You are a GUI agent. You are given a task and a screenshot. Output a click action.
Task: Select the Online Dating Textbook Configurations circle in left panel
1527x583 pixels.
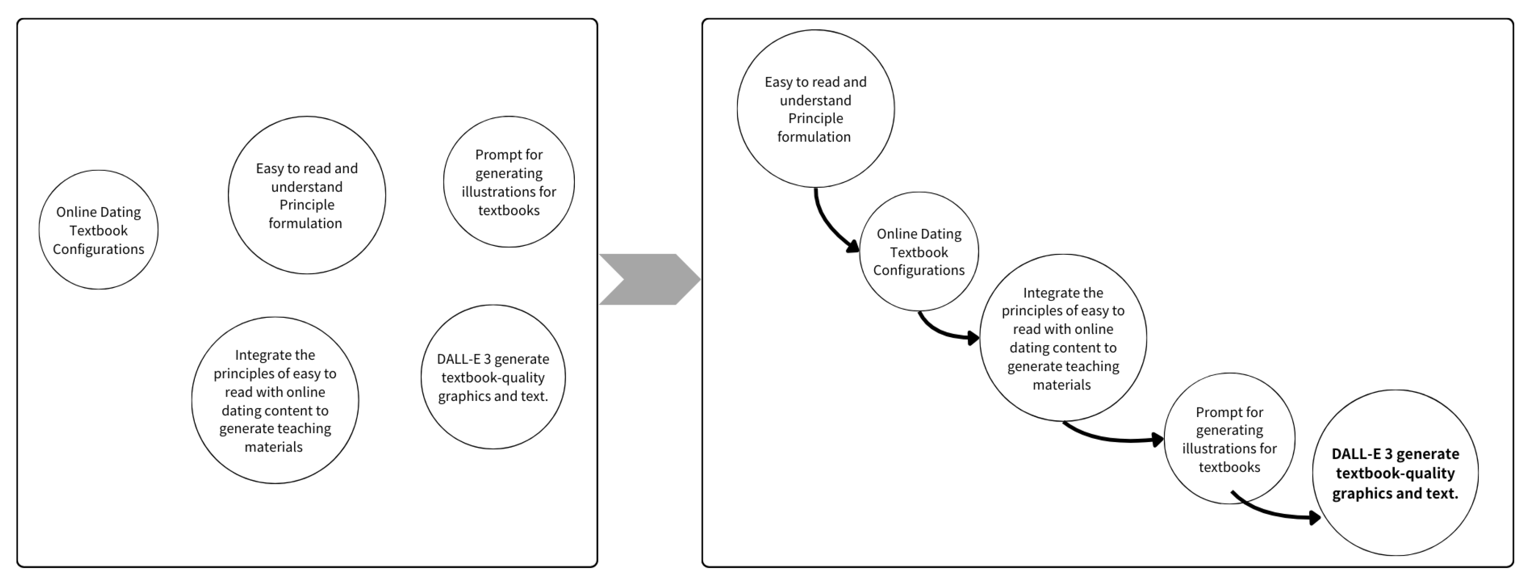pos(98,230)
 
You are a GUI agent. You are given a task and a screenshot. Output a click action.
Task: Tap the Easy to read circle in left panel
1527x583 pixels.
pos(306,195)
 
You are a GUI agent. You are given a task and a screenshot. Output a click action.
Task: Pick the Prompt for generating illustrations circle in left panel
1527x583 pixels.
pos(509,182)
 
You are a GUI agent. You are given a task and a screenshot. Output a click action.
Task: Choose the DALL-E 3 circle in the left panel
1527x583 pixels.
pos(493,377)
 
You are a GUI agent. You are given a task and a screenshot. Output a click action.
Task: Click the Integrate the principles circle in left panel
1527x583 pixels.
pos(275,400)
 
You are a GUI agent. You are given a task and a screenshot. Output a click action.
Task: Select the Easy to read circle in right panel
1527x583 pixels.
pos(815,109)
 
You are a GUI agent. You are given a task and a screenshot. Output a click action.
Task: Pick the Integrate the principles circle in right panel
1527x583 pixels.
pos(1062,338)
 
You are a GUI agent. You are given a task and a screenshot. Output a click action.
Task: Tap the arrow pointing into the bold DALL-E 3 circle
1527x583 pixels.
pos(1275,513)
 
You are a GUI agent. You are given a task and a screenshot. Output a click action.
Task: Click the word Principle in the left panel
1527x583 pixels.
pos(306,205)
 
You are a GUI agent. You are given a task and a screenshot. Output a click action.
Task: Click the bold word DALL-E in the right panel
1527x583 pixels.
pos(1356,454)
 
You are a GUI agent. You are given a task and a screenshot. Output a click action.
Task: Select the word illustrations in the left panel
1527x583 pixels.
pos(509,192)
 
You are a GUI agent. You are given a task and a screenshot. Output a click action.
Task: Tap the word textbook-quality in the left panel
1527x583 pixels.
pos(493,378)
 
